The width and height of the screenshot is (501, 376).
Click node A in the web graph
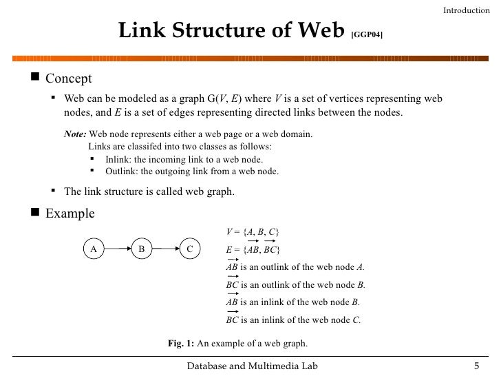point(92,248)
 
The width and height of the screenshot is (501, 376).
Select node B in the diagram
point(140,248)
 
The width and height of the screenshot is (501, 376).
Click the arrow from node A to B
point(116,248)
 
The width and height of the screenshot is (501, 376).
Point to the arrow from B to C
point(165,248)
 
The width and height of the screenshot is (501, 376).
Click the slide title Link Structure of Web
point(231,31)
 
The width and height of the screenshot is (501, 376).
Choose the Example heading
point(70,213)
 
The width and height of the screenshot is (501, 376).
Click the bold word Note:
point(76,134)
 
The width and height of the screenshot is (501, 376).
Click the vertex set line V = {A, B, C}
point(252,230)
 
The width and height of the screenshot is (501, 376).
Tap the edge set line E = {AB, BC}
point(253,249)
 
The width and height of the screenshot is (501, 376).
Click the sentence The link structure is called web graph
point(149,192)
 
